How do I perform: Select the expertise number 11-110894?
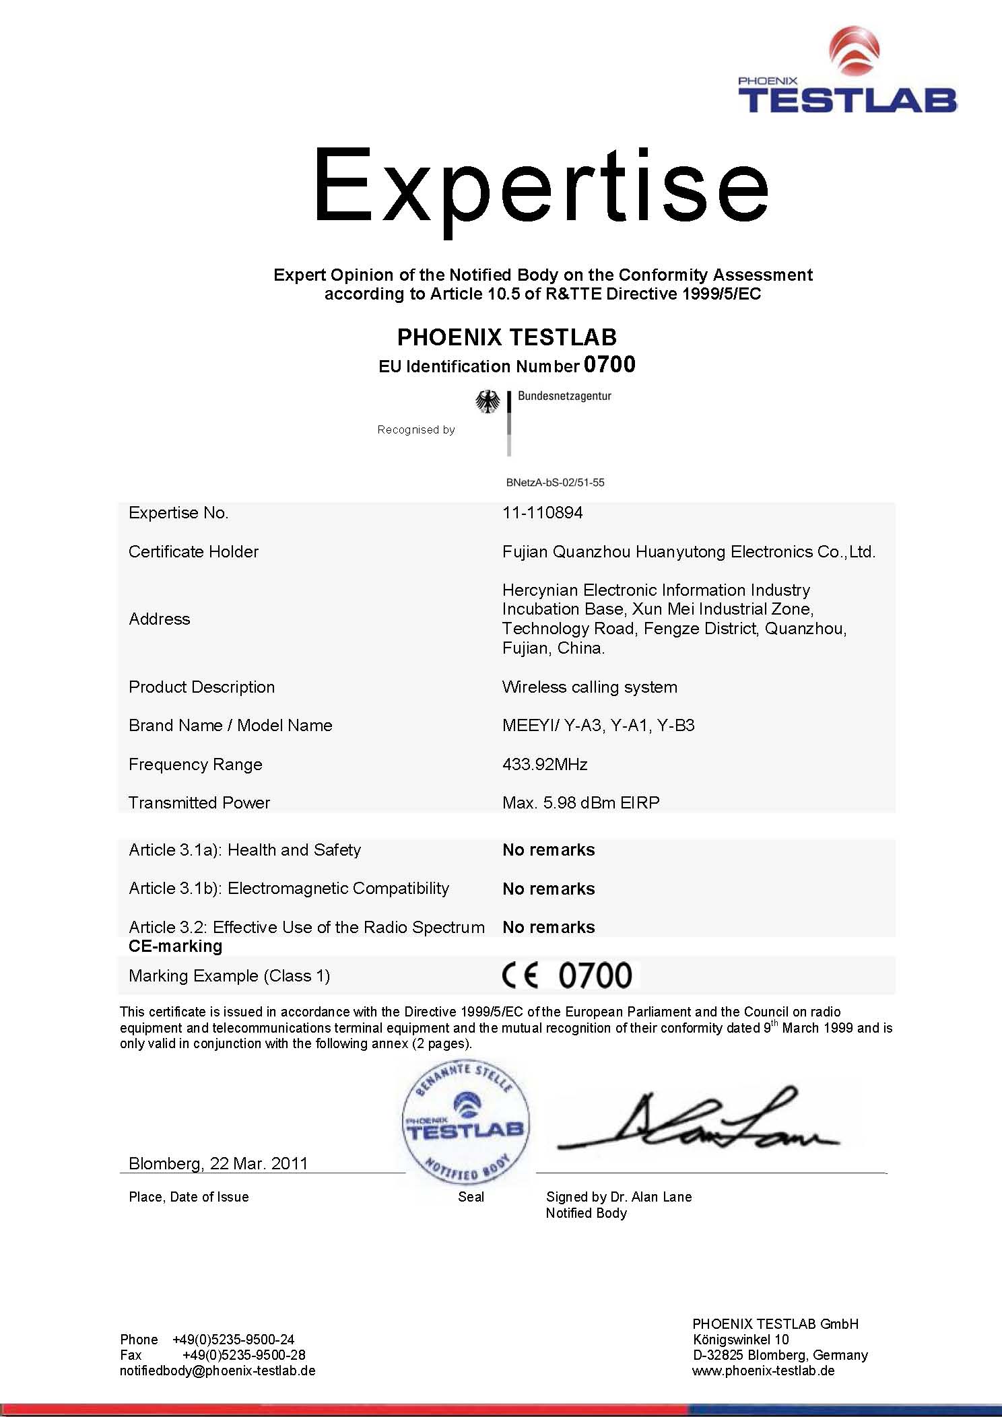click(x=542, y=513)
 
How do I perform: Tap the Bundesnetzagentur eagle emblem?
click(x=488, y=403)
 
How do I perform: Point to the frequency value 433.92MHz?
click(x=545, y=764)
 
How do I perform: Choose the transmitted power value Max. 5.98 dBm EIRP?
click(x=580, y=802)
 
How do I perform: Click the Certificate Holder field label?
click(x=193, y=552)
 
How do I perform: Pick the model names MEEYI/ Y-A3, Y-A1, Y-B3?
click(x=598, y=726)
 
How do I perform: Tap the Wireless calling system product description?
click(x=589, y=687)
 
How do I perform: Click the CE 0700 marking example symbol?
click(x=567, y=975)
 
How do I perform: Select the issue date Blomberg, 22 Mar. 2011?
click(x=218, y=1163)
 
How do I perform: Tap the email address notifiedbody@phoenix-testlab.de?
click(x=218, y=1371)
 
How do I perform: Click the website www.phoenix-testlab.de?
click(x=763, y=1371)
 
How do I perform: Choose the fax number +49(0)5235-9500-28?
click(x=243, y=1355)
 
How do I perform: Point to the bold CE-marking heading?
click(x=175, y=946)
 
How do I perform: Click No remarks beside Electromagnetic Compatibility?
click(x=548, y=889)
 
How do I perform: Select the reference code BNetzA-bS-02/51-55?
click(x=555, y=483)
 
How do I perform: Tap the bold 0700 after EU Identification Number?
click(x=609, y=365)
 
